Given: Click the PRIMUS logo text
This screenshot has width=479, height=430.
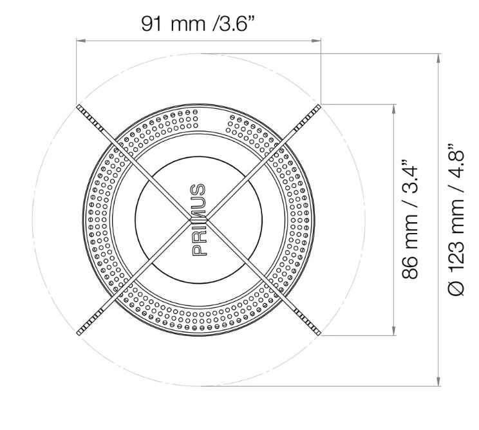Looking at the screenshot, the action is click(x=198, y=220).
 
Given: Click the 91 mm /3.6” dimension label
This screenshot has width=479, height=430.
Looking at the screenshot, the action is click(x=198, y=24).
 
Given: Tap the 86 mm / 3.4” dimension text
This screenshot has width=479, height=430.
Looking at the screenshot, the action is click(x=409, y=219).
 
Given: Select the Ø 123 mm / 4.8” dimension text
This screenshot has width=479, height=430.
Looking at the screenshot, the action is click(x=456, y=220).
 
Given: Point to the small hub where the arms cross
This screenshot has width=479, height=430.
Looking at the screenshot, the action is click(x=198, y=220).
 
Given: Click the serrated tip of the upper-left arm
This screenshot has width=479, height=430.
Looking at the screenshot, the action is click(x=89, y=118).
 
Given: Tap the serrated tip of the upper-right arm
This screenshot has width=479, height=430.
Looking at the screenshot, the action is click(x=308, y=118).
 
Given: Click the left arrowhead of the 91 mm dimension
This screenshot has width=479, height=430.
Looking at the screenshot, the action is click(x=80, y=41).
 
